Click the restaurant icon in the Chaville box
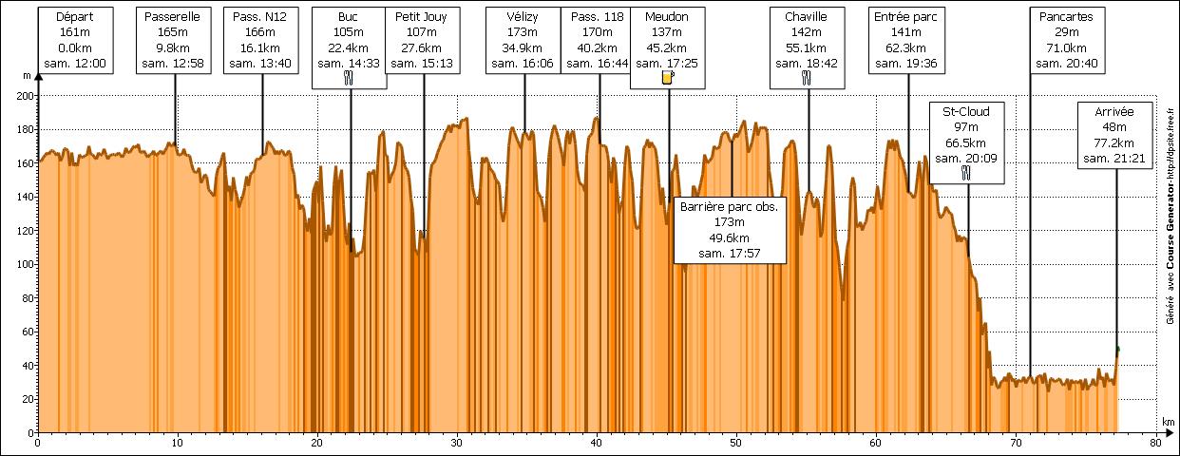point(807,80)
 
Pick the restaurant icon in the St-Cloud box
point(966,173)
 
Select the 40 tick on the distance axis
point(597,443)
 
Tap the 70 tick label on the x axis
point(1016,443)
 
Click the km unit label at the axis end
point(1167,421)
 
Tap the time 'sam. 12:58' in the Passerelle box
point(175,64)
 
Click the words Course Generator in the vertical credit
point(1169,257)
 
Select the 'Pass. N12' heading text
point(260,17)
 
